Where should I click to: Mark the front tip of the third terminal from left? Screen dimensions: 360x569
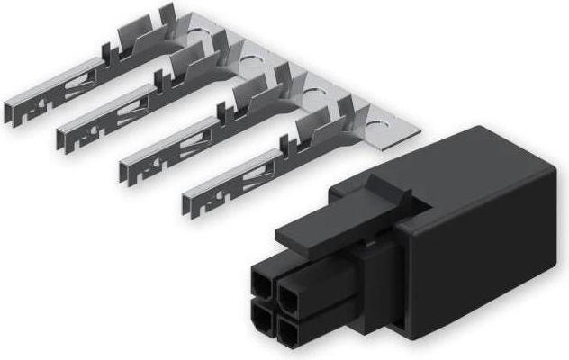[x=129, y=171]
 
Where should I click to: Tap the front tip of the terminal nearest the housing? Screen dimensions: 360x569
[x=191, y=203]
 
